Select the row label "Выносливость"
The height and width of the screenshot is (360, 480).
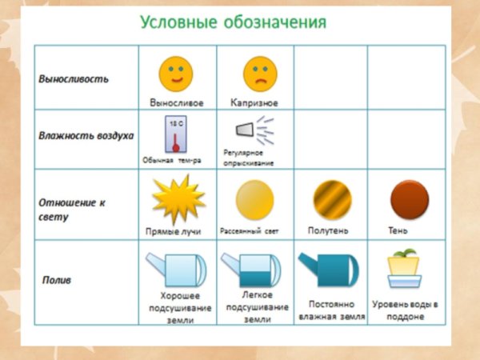tap(74, 79)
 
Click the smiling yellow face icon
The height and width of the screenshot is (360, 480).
tap(176, 74)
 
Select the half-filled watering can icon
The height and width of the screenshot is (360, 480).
tap(252, 270)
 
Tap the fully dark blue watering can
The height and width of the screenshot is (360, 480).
tap(329, 270)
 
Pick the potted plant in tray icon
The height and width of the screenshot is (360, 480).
tap(405, 270)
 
